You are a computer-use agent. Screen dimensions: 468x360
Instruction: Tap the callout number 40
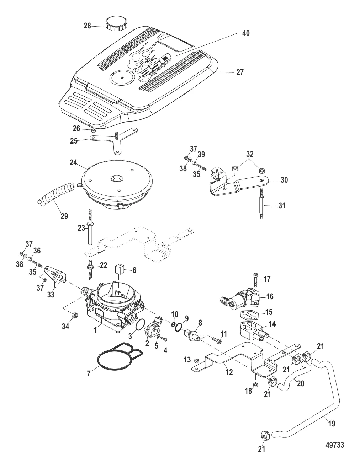click(246, 33)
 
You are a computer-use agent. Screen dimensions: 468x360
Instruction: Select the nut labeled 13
click(196, 360)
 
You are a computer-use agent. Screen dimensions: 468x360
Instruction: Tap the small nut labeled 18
click(255, 384)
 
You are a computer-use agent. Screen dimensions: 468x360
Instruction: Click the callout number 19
click(332, 424)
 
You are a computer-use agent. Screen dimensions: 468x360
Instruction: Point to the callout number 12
click(229, 372)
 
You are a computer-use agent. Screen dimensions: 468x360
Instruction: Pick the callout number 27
click(240, 72)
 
